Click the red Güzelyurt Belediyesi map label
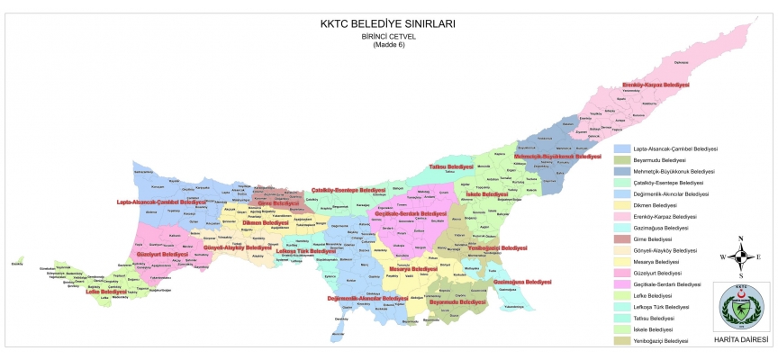coord(162,254)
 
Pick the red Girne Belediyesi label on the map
coord(278,203)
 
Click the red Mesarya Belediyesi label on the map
coord(412,268)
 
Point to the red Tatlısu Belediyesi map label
coord(450,166)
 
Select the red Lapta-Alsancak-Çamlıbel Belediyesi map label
coord(162,202)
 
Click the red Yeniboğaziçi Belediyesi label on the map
coord(498,247)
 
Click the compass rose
coord(740,256)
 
